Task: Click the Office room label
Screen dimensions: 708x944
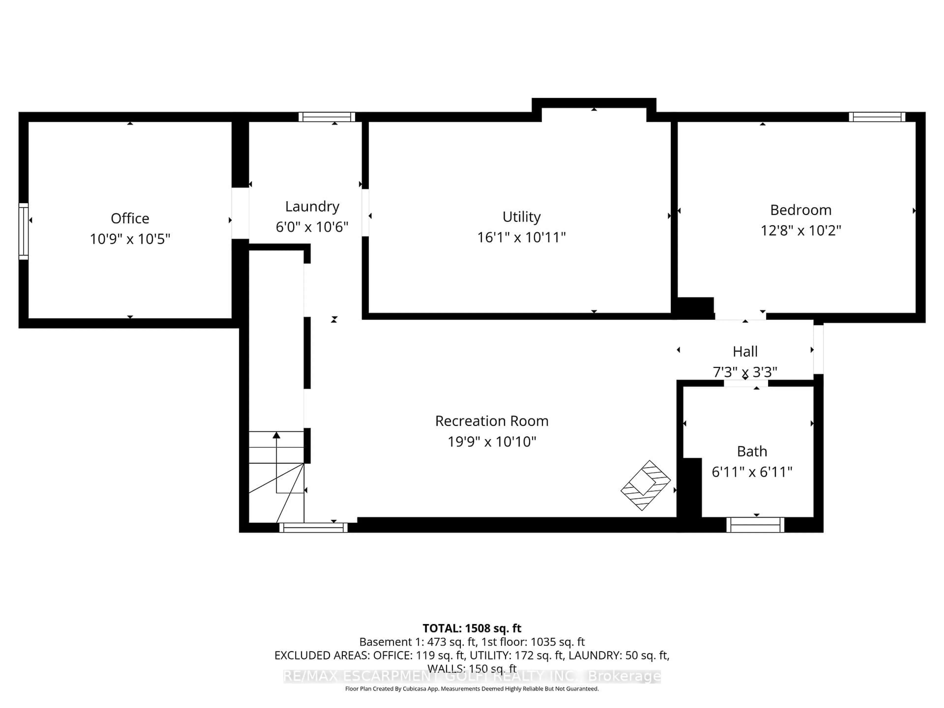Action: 130,219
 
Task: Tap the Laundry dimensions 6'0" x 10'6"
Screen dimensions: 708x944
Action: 312,227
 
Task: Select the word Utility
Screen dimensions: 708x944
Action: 521,217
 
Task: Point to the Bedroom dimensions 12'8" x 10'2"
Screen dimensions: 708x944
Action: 801,230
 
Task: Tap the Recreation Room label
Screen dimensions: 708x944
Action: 492,421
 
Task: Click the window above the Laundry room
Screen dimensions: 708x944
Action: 326,117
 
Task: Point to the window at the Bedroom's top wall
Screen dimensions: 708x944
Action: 877,117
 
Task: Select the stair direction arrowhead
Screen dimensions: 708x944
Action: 277,435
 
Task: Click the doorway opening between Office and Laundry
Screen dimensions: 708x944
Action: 240,213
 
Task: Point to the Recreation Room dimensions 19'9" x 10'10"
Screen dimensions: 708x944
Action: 492,442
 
